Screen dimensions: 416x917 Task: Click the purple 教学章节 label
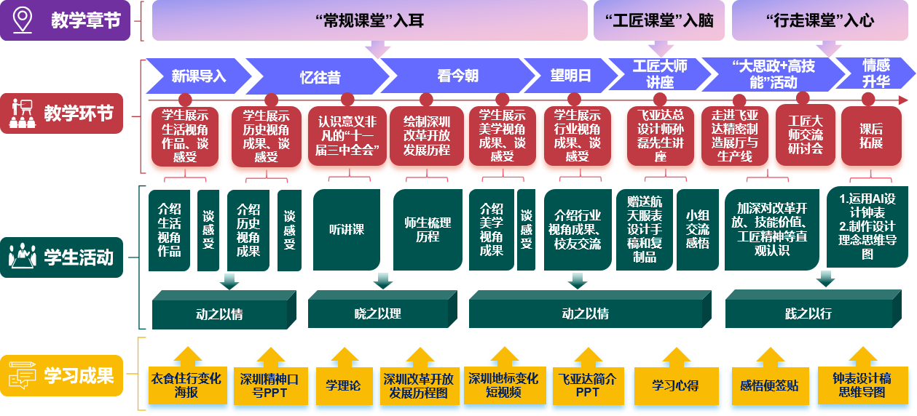pyautogui.click(x=84, y=20)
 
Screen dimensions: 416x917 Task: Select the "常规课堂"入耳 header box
pyautogui.click(x=369, y=20)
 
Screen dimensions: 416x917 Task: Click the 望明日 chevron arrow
pyautogui.click(x=570, y=76)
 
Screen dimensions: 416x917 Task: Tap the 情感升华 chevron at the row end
pyautogui.click(x=875, y=75)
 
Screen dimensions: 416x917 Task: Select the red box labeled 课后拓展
pyautogui.click(x=870, y=136)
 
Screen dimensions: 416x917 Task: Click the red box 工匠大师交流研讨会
pyautogui.click(x=805, y=136)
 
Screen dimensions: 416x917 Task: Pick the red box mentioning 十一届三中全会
pyautogui.click(x=346, y=136)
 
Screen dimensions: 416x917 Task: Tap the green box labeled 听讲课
pyautogui.click(x=346, y=230)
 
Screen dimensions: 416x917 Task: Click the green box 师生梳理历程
pyautogui.click(x=428, y=230)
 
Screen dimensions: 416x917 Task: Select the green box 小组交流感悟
pyautogui.click(x=697, y=230)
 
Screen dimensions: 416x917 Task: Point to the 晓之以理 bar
pyautogui.click(x=378, y=313)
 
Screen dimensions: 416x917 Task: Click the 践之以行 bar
pyautogui.click(x=808, y=313)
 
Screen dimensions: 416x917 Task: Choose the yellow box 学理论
pyautogui.click(x=342, y=385)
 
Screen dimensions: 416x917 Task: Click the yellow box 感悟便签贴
pyautogui.click(x=769, y=385)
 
